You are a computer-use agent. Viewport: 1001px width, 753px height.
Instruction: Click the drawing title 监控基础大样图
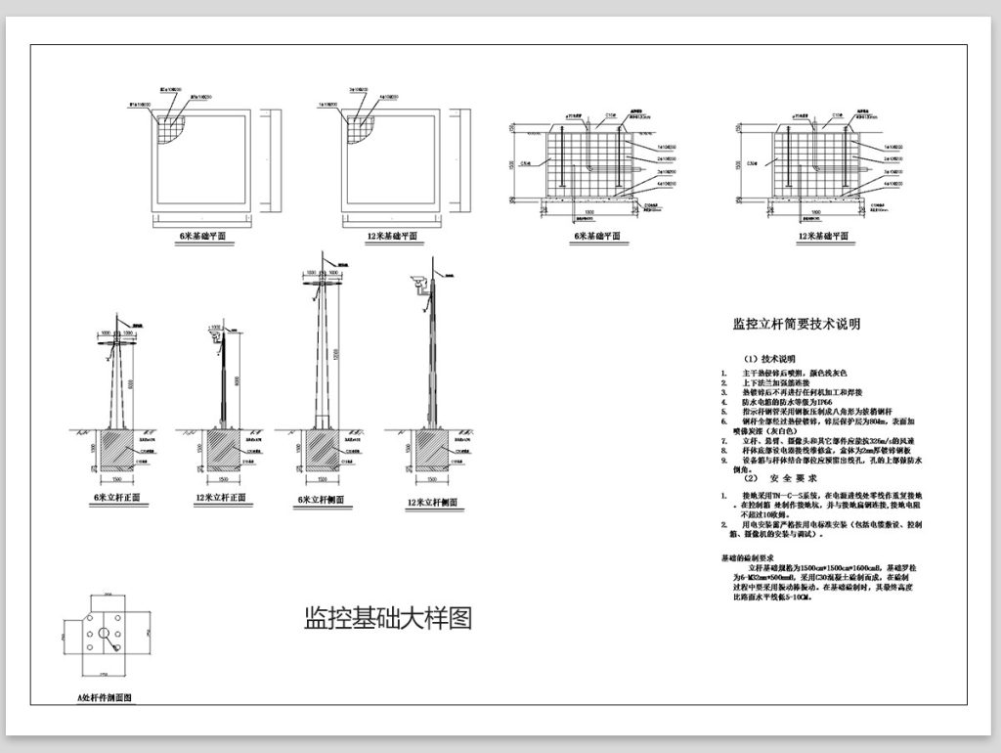click(x=388, y=619)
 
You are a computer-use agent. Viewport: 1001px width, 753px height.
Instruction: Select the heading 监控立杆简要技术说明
click(x=796, y=324)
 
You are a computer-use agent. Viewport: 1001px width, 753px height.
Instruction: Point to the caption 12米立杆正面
click(x=220, y=498)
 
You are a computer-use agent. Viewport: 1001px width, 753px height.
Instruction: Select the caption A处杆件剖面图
click(x=104, y=698)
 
